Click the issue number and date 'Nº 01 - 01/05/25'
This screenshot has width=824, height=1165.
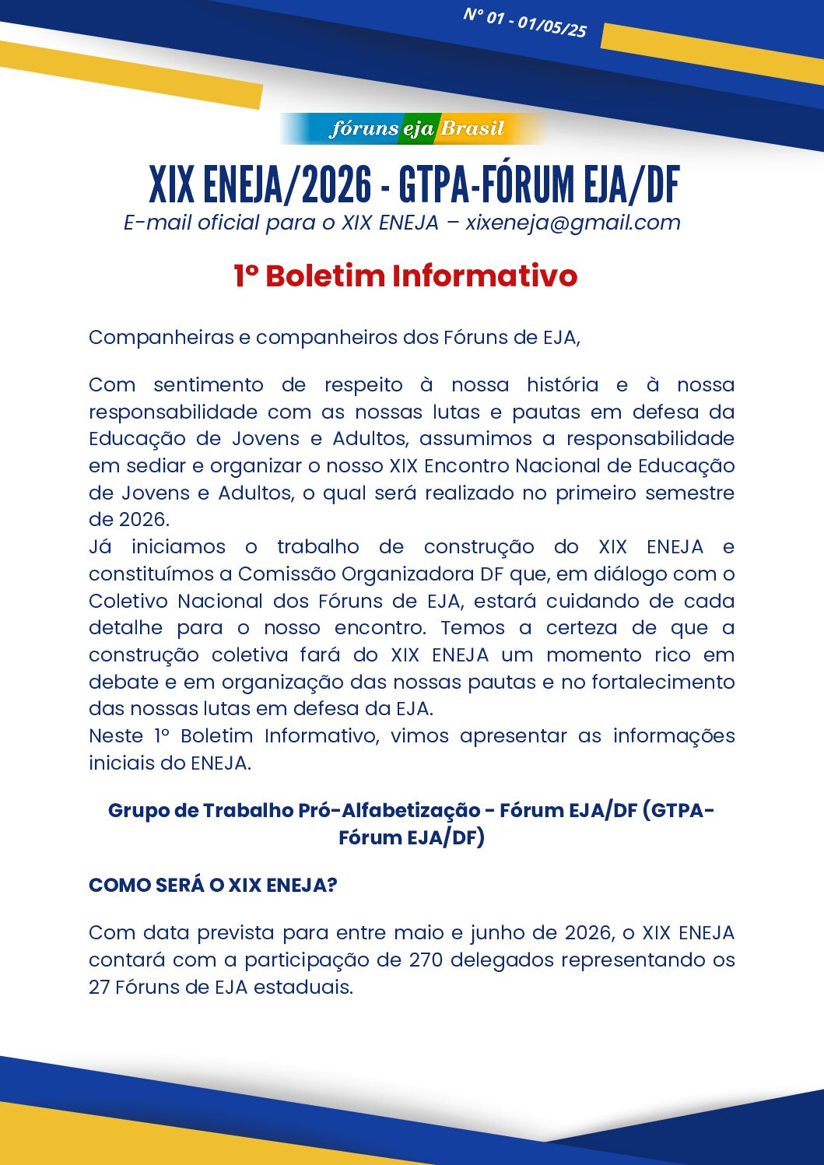(524, 23)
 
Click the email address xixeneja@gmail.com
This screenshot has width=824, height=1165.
(573, 223)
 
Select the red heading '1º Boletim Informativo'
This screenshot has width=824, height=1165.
(405, 276)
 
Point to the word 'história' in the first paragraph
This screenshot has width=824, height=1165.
(562, 385)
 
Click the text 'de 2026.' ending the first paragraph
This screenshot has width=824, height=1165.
(128, 520)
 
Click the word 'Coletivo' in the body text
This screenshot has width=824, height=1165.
(128, 602)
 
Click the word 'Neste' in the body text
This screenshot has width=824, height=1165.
(116, 736)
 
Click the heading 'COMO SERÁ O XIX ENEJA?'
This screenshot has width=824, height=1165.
(212, 886)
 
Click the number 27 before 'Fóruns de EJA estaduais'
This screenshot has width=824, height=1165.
(99, 988)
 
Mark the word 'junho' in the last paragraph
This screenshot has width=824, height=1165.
(499, 933)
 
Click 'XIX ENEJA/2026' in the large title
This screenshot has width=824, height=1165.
(260, 185)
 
